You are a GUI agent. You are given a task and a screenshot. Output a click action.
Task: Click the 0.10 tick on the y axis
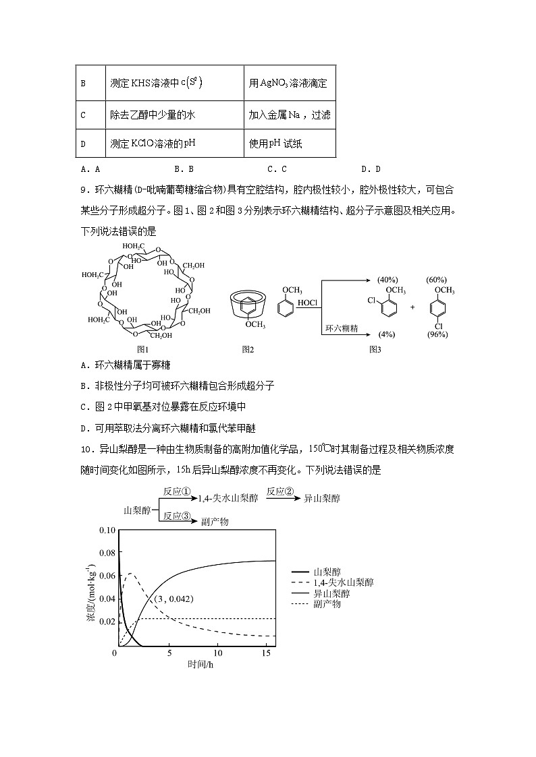pyautogui.click(x=107, y=530)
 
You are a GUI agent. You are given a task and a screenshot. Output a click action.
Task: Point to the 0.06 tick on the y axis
pyautogui.click(x=107, y=576)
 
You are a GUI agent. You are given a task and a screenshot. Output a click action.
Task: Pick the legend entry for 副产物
pyautogui.click(x=327, y=604)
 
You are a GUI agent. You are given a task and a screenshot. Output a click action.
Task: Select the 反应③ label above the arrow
pyautogui.click(x=177, y=515)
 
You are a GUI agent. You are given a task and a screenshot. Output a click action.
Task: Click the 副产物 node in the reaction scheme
pyautogui.click(x=215, y=521)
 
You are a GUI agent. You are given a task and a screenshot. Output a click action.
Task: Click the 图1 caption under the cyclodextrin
pyautogui.click(x=142, y=349)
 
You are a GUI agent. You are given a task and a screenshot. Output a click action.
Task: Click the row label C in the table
pyautogui.click(x=83, y=115)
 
